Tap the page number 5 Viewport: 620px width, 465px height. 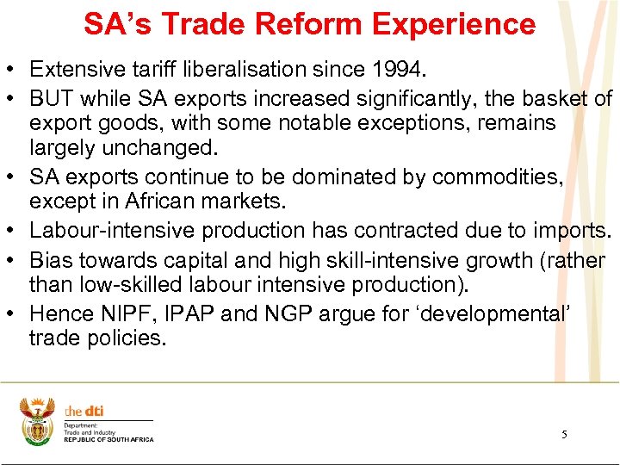564,435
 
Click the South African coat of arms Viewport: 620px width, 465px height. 37,420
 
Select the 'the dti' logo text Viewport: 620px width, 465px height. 84,412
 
